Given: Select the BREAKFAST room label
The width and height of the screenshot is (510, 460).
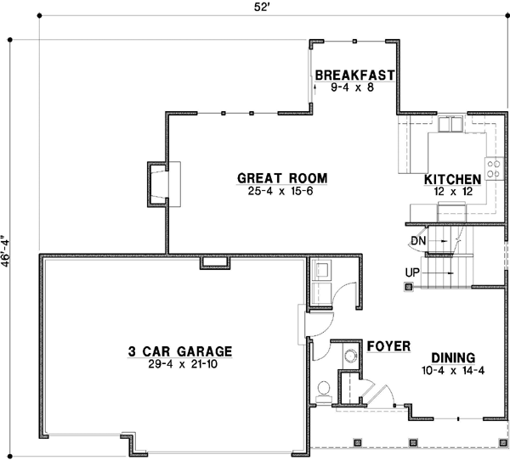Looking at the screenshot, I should [x=354, y=75].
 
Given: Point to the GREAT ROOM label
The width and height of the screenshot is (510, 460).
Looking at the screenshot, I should [x=282, y=178].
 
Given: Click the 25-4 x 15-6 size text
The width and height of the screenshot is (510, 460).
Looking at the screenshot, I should [x=282, y=192].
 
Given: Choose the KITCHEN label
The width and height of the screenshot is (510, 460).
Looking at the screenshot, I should [x=453, y=179].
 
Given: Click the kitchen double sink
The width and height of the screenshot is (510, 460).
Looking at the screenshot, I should [x=450, y=124].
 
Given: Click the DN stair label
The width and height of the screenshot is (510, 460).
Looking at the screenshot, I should [x=417, y=241].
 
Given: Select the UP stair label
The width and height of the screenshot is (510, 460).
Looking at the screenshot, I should [x=414, y=272].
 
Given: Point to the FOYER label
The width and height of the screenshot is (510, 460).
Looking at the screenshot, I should [x=389, y=346].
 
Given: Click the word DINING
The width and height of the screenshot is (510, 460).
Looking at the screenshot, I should [x=452, y=357].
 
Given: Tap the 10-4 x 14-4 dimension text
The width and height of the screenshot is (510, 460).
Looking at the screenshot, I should [x=452, y=370].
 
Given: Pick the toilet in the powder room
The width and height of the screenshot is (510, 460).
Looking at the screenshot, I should [x=325, y=390].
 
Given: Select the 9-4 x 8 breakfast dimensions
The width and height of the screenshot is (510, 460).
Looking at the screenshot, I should [x=354, y=87].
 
